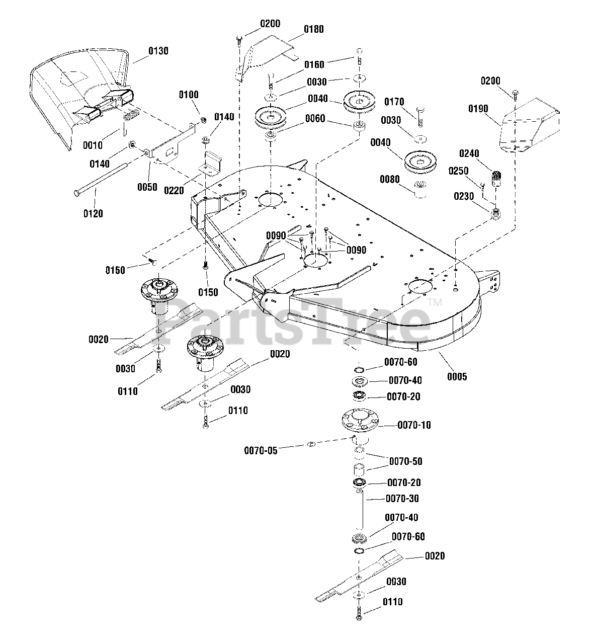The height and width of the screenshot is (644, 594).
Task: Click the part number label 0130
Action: (x=158, y=51)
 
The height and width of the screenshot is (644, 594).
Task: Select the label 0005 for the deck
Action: (x=457, y=376)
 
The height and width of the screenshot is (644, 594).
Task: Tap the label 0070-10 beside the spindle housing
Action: (x=414, y=425)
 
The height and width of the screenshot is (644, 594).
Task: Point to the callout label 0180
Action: (x=313, y=29)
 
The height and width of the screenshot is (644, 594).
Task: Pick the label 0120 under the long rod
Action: (x=93, y=213)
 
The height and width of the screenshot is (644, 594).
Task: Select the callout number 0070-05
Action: (x=261, y=451)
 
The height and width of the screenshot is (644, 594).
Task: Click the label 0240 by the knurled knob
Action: (x=469, y=153)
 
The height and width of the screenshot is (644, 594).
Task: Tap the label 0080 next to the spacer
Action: (x=390, y=179)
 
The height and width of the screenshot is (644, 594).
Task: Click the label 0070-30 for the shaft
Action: (x=402, y=499)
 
